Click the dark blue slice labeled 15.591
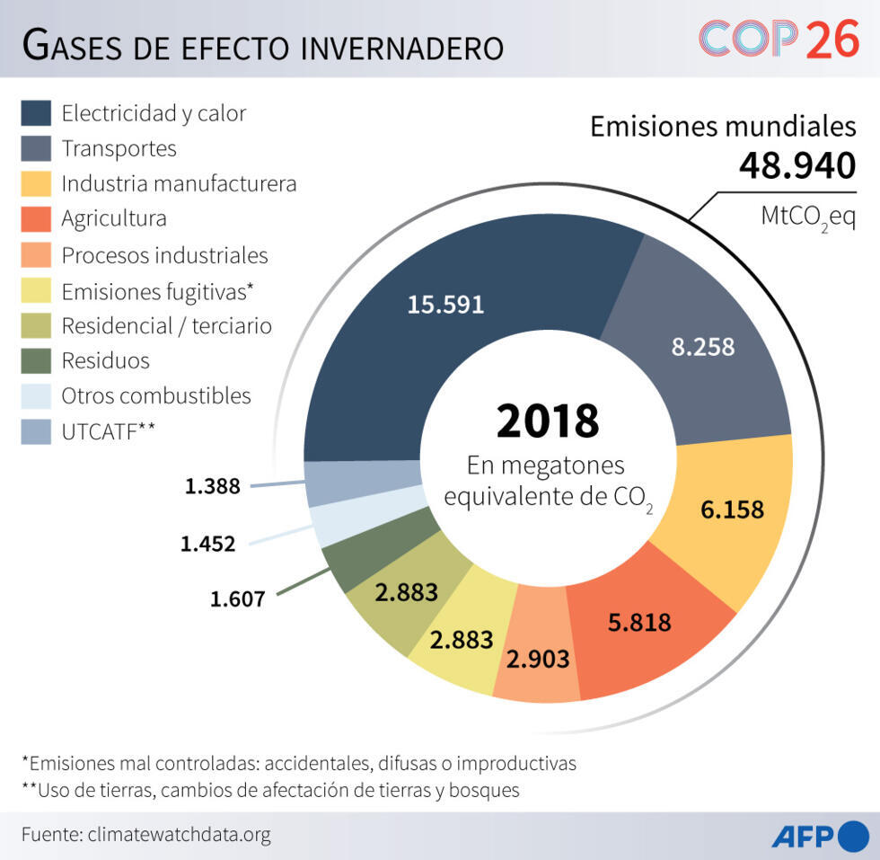445,304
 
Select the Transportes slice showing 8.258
702,346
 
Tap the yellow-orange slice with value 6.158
733,510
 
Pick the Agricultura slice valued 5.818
639,621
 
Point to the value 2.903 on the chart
538,659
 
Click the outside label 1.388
213,486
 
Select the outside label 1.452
207,543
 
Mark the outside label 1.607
238,598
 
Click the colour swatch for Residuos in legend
36,361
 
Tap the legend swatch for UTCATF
36,431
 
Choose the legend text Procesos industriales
164,255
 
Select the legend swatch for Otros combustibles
36,396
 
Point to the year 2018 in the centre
548,421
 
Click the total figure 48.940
797,166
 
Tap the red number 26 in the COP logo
832,40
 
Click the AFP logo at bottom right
820,836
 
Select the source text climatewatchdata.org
179,835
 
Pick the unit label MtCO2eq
808,217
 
